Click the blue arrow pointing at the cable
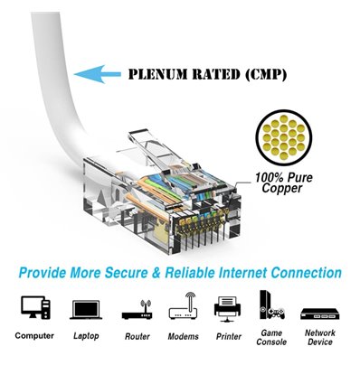pyautogui.click(x=97, y=75)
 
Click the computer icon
pyautogui.click(x=33, y=306)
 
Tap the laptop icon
pyautogui.click(x=84, y=307)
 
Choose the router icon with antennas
pyautogui.click(x=137, y=308)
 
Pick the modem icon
pyautogui.click(x=183, y=306)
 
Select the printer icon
pyautogui.click(x=227, y=307)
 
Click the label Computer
pyautogui.click(x=33, y=336)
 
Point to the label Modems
pyautogui.click(x=183, y=336)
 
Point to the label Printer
pyautogui.click(x=227, y=336)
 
